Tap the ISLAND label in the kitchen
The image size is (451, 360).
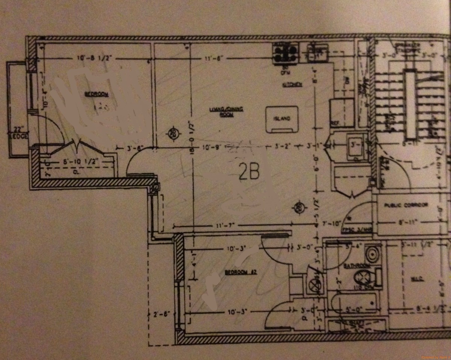click(282, 118)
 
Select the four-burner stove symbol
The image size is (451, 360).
click(285, 53)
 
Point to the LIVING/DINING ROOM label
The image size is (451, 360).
click(226, 111)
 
